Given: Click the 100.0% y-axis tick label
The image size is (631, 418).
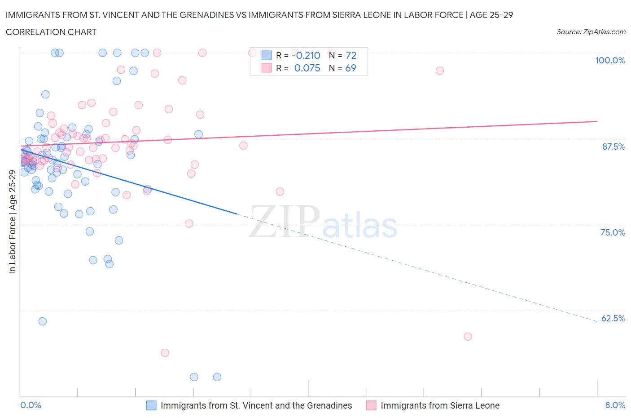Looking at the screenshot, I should (610, 60).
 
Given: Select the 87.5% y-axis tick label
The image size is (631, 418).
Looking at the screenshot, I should (613, 147).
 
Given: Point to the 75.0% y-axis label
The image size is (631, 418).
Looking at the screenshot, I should (613, 232).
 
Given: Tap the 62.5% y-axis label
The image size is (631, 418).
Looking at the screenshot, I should (613, 318).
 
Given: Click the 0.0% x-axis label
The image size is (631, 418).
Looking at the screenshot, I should (31, 405).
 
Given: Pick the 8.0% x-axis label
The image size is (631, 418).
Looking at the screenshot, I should (615, 405).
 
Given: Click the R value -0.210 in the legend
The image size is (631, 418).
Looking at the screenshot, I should (307, 55).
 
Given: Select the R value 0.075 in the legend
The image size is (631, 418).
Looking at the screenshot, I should (307, 68).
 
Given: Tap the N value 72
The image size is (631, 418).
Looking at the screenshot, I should (351, 55).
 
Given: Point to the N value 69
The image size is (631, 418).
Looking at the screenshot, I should (351, 68).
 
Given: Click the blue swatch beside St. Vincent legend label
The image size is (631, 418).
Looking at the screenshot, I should (151, 405).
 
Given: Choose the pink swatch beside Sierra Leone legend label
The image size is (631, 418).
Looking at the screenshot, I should (371, 405).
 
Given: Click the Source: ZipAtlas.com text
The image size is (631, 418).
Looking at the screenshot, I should (591, 31).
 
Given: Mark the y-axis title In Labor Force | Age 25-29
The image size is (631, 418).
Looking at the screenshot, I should (12, 222).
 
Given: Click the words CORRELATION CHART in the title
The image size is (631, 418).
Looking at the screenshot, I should (51, 32).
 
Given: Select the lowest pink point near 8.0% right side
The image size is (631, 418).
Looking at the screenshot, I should (468, 337).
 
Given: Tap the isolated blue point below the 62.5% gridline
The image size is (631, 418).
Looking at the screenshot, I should (43, 321).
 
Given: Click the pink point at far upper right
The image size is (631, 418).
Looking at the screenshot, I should (440, 71).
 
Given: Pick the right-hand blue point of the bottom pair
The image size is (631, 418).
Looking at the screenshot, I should (217, 377).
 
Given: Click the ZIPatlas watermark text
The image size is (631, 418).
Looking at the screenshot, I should (323, 222).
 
